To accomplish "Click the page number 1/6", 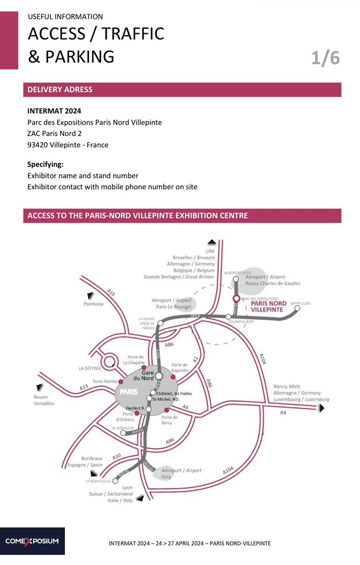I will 325,58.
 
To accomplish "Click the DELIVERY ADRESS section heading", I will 60,89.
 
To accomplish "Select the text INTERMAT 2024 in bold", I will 54,111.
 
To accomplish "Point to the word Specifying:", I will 45,164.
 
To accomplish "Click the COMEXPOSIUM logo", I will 32,541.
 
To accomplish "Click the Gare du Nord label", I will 144,375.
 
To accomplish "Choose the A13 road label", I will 84,387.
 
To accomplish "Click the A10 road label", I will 117,456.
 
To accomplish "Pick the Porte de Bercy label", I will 169,420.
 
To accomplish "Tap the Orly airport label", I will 181,473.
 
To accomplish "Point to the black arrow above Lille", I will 212,242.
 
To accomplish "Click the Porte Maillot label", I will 104,381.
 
